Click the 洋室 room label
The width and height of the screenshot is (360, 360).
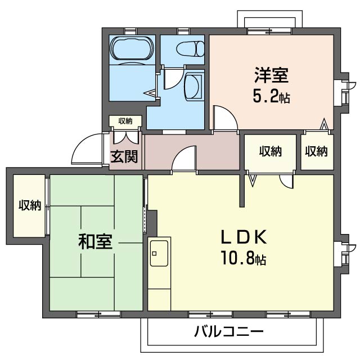coord(271,75)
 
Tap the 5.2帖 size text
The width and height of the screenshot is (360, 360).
coord(271,96)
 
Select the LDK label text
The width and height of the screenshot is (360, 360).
coord(244,237)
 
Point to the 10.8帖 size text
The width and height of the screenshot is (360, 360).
coord(244,258)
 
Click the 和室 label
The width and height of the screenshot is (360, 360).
coord(95,241)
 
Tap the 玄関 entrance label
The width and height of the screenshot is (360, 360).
coord(124,156)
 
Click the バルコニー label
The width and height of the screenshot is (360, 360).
coord(229,331)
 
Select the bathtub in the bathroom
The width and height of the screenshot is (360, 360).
coord(132,49)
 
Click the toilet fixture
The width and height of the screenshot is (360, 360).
coord(190,48)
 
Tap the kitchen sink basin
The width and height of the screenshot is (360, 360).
coord(159,253)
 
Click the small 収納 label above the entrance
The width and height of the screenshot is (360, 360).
coord(125,121)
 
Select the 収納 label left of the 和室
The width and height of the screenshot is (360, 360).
coord(30,205)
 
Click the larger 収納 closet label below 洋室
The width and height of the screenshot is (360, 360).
coord(271,151)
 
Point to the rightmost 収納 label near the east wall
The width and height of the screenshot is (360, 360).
coord(316,151)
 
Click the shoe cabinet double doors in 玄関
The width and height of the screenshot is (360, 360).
coord(125,138)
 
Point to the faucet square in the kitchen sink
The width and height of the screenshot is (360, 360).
coord(154,254)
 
